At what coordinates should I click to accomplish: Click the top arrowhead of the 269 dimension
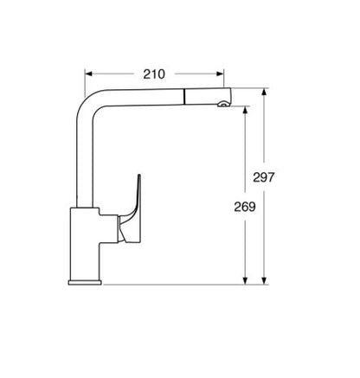(x=248, y=109)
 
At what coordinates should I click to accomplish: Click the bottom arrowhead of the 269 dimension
(x=248, y=279)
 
